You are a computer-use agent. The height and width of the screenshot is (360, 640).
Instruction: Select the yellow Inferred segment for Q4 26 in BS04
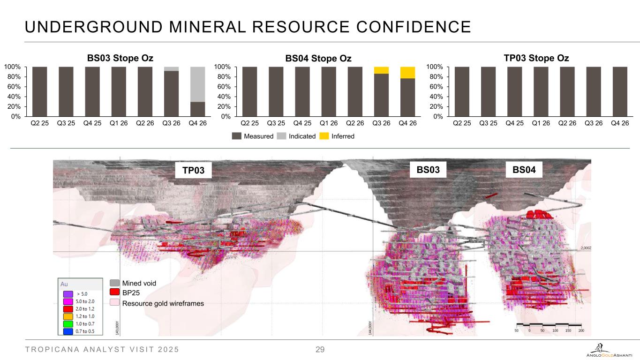click(407, 72)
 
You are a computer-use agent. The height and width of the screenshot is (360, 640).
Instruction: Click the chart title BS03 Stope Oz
click(120, 58)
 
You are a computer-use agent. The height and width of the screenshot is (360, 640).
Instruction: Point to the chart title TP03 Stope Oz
click(536, 58)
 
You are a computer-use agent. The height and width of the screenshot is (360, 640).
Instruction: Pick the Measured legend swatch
click(237, 136)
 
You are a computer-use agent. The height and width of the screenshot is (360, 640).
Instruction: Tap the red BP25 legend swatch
click(114, 292)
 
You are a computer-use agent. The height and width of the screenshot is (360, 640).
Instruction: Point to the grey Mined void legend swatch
click(114, 283)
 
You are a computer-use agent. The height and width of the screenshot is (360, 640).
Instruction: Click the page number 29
click(320, 350)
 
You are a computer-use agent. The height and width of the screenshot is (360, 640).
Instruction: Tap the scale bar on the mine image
click(549, 326)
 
